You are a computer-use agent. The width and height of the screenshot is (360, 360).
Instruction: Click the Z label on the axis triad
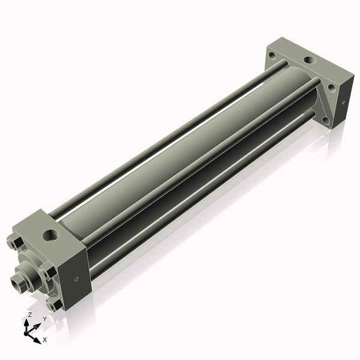[x=30, y=315]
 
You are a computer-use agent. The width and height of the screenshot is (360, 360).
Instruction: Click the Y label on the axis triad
[x=44, y=319]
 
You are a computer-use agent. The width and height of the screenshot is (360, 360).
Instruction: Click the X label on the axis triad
[x=45, y=340]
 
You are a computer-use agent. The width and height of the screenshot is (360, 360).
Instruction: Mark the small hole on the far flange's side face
[x=343, y=102]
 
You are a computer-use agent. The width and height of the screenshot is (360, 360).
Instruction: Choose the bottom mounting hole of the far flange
[x=325, y=119]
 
